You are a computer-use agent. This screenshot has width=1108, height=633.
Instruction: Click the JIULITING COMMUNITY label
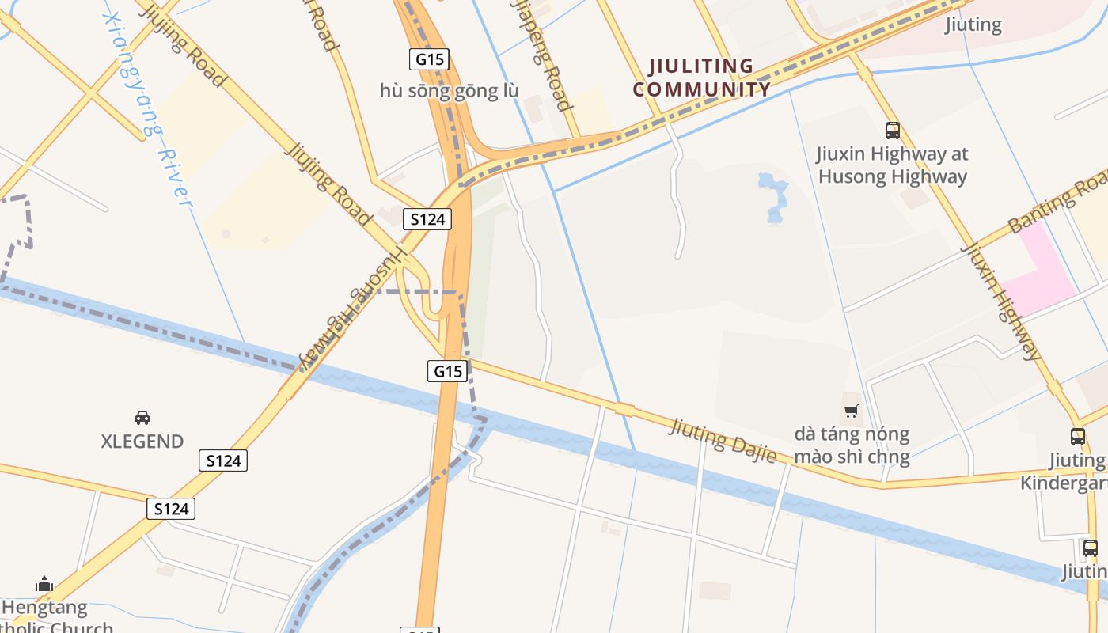point(701,78)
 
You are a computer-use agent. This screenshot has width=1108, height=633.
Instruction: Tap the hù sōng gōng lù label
point(449,91)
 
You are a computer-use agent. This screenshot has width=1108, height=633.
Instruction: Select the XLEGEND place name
point(142,442)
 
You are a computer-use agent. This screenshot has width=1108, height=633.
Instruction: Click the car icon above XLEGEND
point(142,417)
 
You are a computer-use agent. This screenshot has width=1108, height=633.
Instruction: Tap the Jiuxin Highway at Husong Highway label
point(893,165)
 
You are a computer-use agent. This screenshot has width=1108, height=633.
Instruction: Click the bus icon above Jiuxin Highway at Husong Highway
point(893,131)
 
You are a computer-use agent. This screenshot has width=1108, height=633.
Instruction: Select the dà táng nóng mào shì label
point(852,445)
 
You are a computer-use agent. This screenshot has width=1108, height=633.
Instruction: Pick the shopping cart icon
point(852,411)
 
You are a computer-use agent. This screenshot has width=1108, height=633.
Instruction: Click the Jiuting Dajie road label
point(723,440)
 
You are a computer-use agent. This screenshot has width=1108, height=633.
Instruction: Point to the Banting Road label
point(1057,204)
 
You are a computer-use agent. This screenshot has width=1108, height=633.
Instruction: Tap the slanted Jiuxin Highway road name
point(1002,301)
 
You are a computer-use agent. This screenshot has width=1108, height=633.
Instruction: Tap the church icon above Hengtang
point(44,585)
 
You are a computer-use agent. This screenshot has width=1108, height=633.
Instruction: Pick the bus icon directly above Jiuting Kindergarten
point(1077,436)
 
